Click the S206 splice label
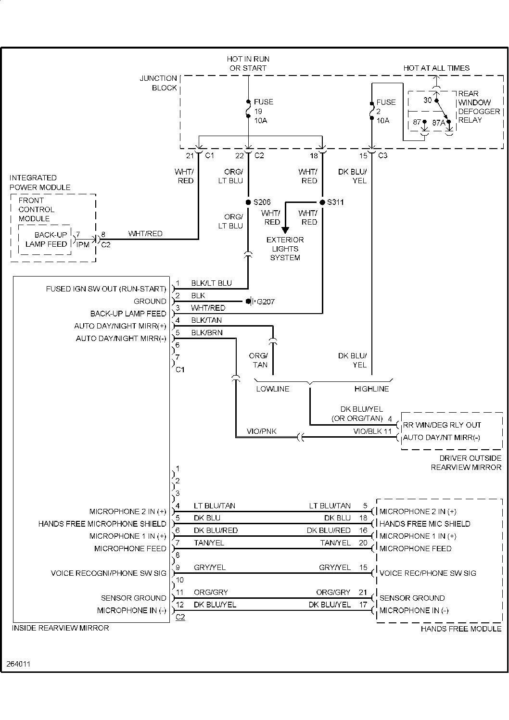pyautogui.click(x=262, y=202)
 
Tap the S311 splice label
pyautogui.click(x=335, y=202)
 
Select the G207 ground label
pyautogui.click(x=266, y=302)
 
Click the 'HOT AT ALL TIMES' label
pyautogui.click(x=436, y=68)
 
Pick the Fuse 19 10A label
pyautogui.click(x=263, y=111)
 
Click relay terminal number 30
pyautogui.click(x=428, y=100)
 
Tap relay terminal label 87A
pyautogui.click(x=438, y=123)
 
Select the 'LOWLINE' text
pyautogui.click(x=272, y=389)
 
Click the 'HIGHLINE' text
pyautogui.click(x=371, y=389)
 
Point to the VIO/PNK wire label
pyautogui.click(x=262, y=431)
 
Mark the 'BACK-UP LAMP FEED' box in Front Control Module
pyautogui.click(x=46, y=240)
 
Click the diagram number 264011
pyautogui.click(x=18, y=664)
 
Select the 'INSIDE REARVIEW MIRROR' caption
pyautogui.click(x=60, y=628)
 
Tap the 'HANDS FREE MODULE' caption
pyautogui.click(x=461, y=629)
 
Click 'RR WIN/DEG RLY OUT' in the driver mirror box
pyautogui.click(x=442, y=425)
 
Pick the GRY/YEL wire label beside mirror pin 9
pyautogui.click(x=209, y=568)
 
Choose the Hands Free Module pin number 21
pyautogui.click(x=363, y=592)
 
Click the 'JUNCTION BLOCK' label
pyautogui.click(x=158, y=83)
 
